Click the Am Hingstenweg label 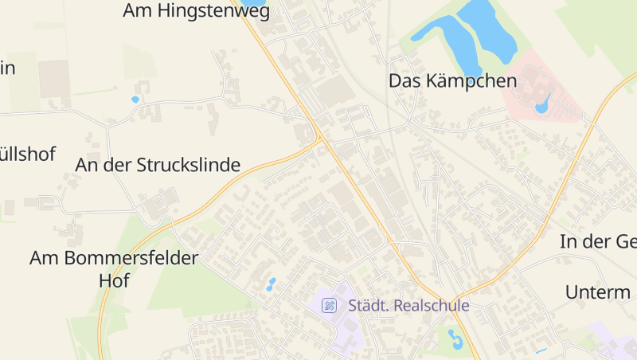[197, 11]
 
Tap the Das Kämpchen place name [452, 80]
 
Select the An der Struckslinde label [158, 165]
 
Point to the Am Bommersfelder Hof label [114, 269]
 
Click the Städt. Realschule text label [408, 305]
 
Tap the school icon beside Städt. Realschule [329, 305]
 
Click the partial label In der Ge [598, 242]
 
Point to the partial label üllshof [28, 154]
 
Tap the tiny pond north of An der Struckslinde [135, 100]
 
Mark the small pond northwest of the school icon [272, 284]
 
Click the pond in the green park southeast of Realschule [455, 340]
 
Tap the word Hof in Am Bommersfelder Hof [114, 281]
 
